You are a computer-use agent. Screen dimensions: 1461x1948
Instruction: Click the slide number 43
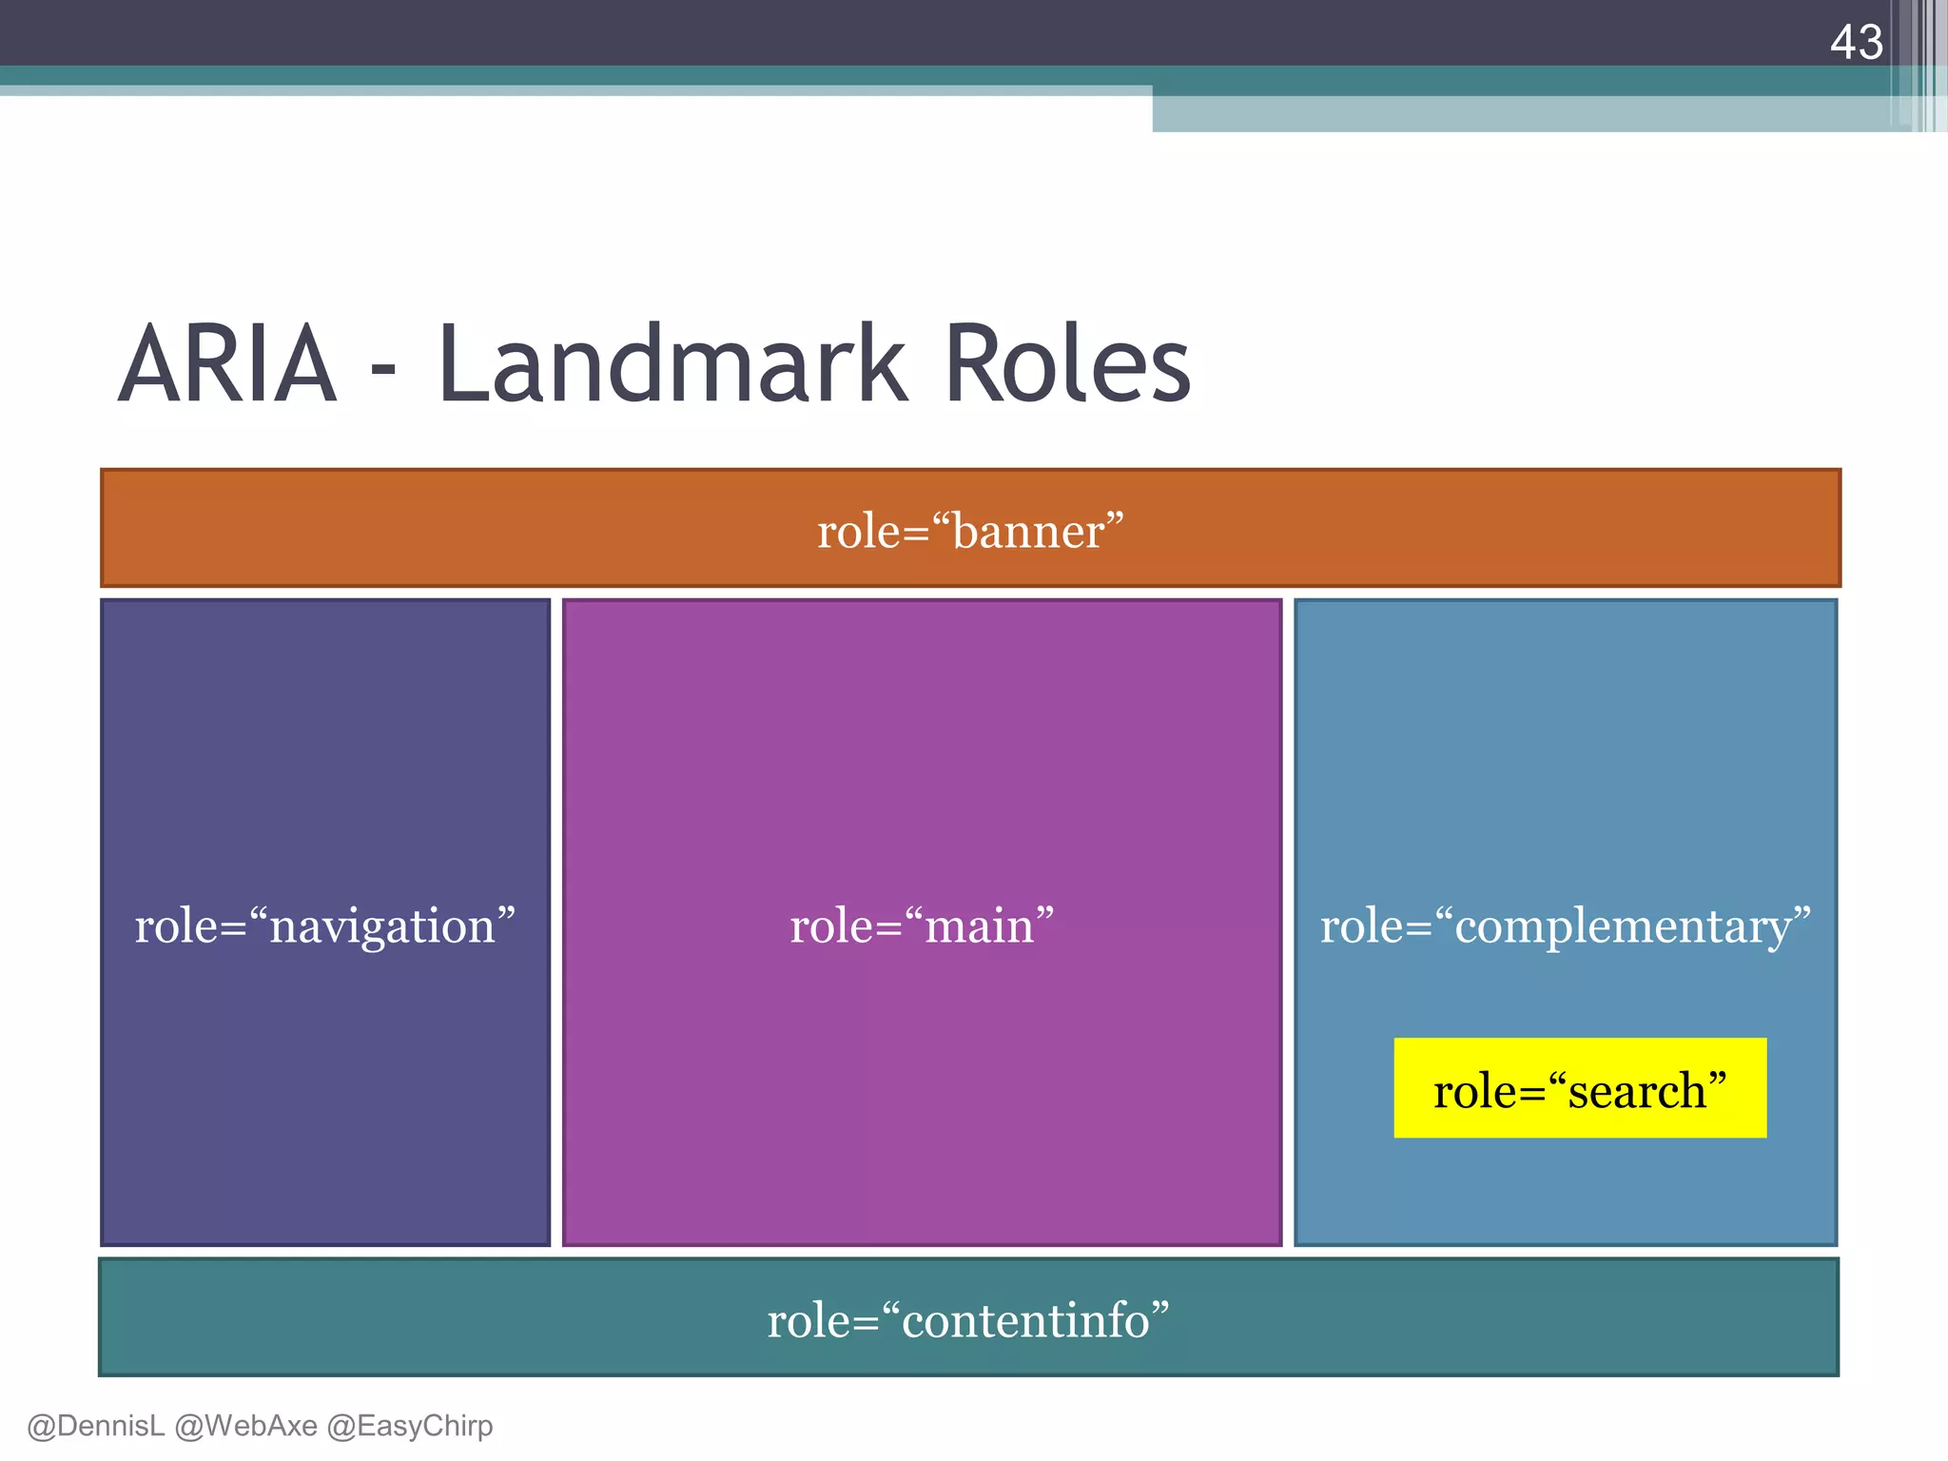[1856, 43]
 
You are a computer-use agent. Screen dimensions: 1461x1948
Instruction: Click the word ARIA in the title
[227, 365]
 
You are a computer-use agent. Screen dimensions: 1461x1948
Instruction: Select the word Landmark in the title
[673, 365]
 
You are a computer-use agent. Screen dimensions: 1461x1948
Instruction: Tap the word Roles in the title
[1067, 365]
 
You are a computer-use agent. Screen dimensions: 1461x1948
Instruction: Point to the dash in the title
[382, 372]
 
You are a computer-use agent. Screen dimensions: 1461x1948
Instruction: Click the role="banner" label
[970, 531]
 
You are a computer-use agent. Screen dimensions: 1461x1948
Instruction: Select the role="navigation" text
[324, 925]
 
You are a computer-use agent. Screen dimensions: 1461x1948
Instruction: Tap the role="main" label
[922, 925]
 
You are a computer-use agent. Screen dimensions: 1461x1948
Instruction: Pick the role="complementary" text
[1565, 925]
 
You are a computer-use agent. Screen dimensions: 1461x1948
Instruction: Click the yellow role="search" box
[1580, 1088]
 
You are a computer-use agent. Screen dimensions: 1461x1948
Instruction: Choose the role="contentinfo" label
[968, 1320]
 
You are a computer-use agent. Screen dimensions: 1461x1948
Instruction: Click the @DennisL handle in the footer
[95, 1426]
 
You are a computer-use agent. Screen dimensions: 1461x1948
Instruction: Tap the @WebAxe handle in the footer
[245, 1426]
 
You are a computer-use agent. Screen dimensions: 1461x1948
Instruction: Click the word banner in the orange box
[1028, 532]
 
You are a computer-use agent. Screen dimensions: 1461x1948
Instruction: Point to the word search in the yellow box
[1637, 1091]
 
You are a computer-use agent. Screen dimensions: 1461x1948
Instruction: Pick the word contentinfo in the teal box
[1025, 1321]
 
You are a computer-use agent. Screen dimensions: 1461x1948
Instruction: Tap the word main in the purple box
[980, 926]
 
